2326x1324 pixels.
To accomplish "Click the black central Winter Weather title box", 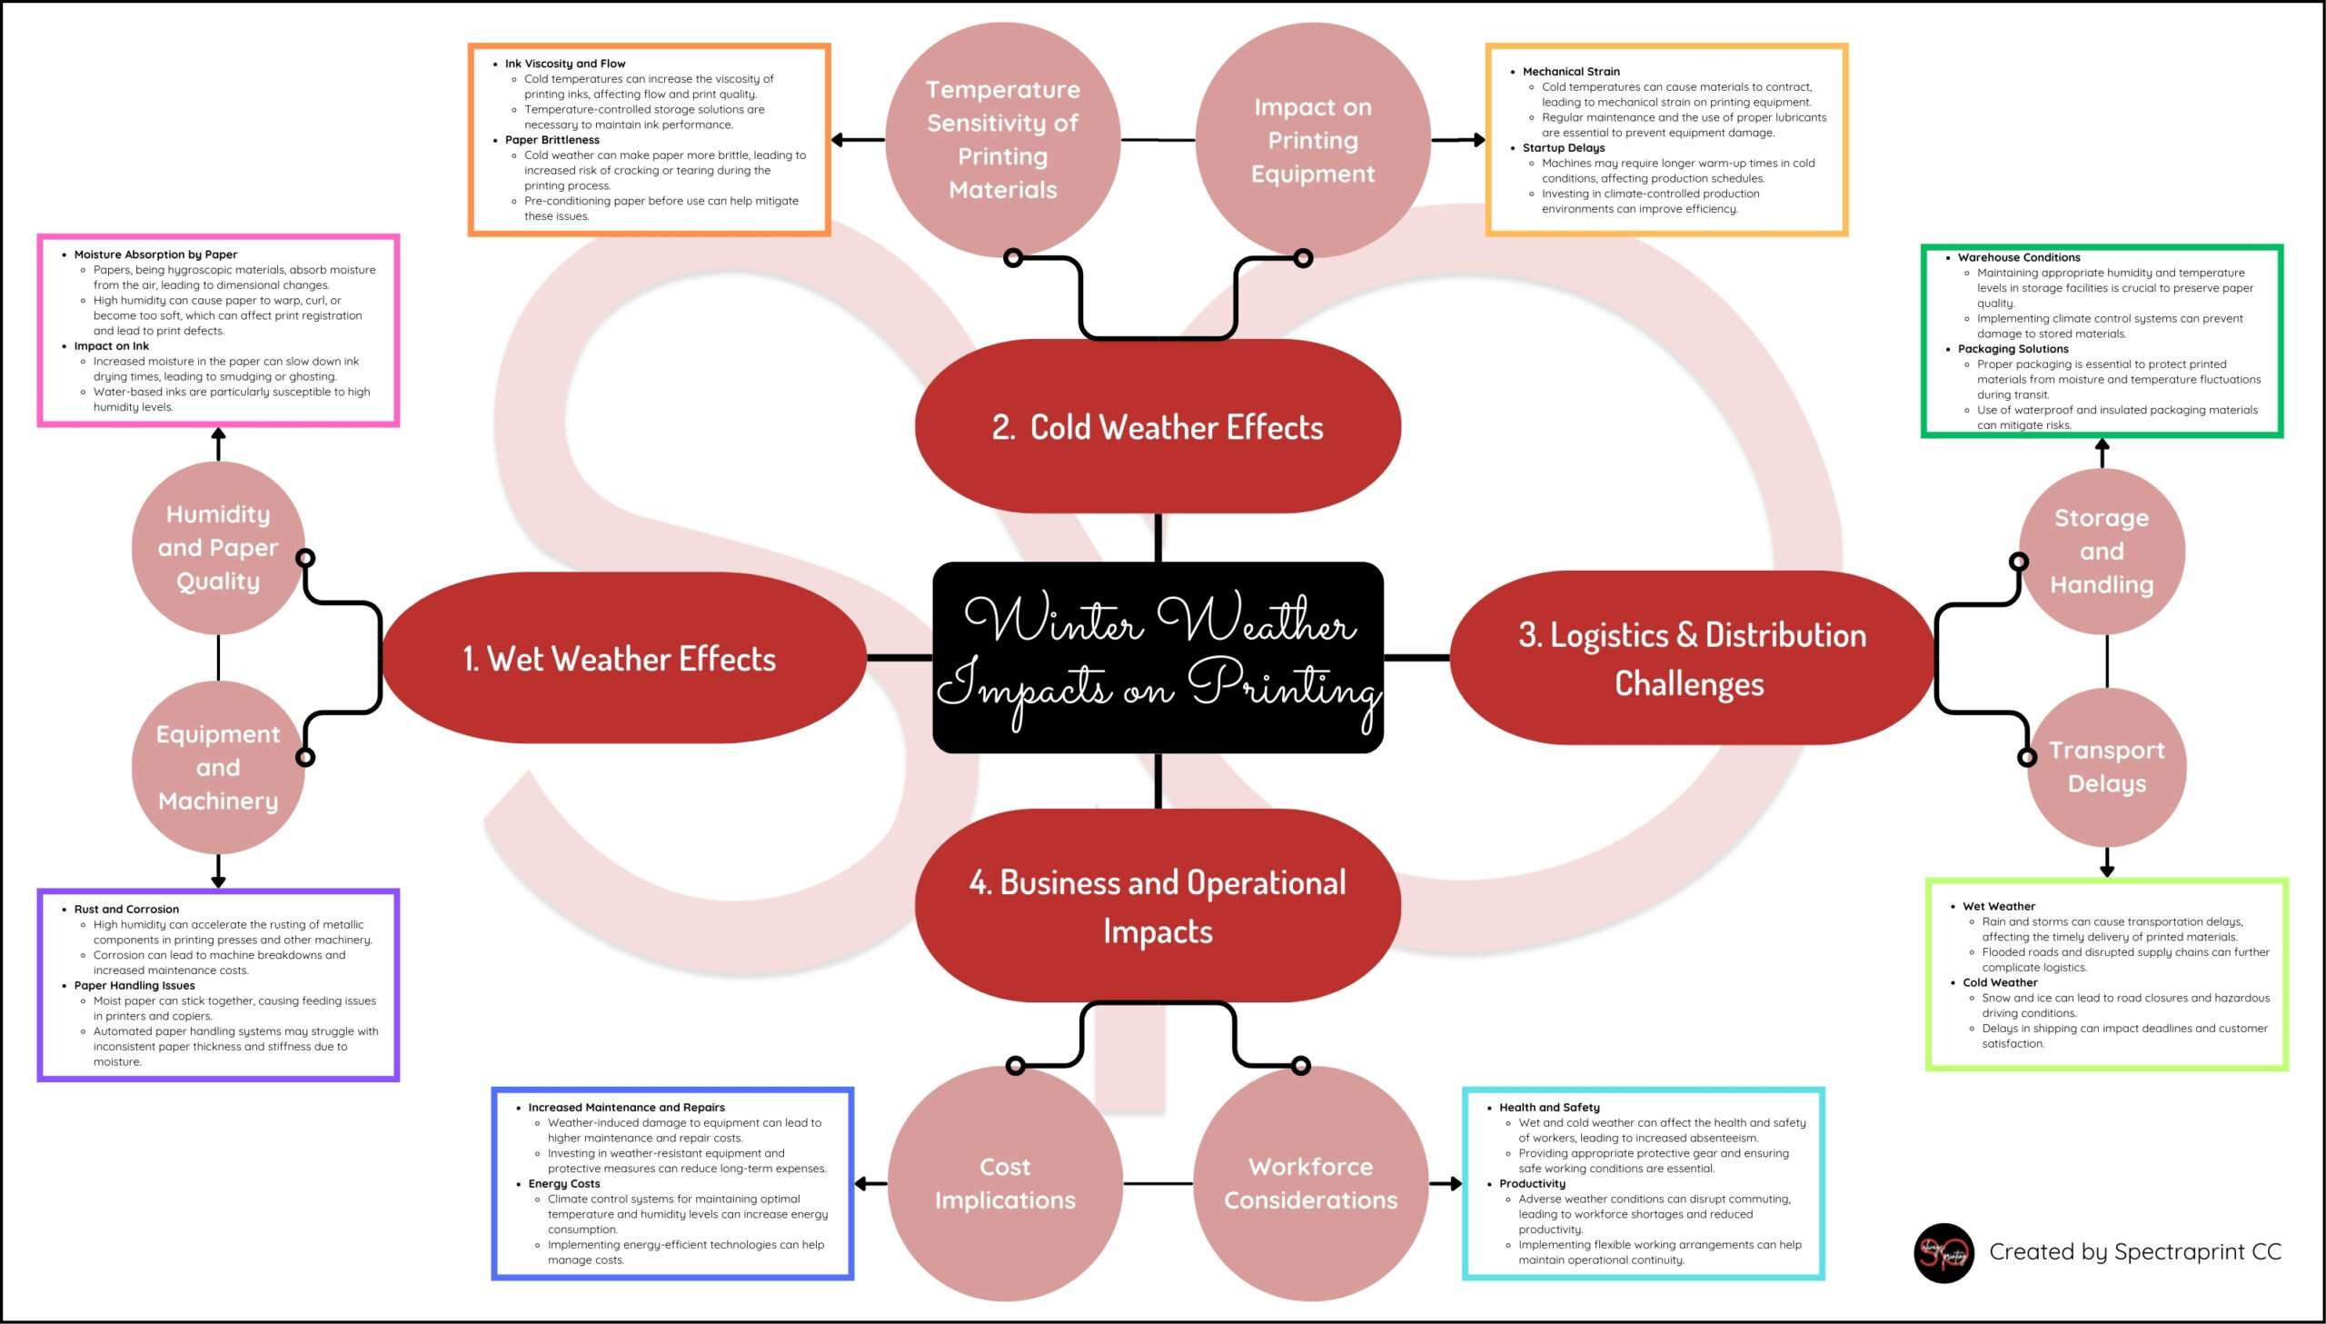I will click(x=1158, y=657).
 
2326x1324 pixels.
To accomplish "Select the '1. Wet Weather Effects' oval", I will click(x=620, y=658).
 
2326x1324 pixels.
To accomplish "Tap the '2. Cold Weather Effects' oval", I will click(x=1157, y=426).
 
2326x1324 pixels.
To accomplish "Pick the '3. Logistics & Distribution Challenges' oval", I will click(x=1691, y=658).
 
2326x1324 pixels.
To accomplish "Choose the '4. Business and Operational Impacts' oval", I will click(x=1157, y=906).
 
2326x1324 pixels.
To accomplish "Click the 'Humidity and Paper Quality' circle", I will click(x=217, y=547).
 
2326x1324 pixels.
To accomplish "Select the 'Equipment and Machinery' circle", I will click(x=217, y=767).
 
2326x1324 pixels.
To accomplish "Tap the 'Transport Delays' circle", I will click(x=2106, y=767).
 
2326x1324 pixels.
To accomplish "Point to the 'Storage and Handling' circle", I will click(x=2102, y=551).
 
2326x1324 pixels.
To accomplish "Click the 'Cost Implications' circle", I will click(x=1004, y=1183).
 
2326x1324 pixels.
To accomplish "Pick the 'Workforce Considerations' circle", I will click(x=1310, y=1183).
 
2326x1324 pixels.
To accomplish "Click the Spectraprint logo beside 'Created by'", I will click(x=1943, y=1253).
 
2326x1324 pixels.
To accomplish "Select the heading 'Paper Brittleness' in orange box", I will click(x=552, y=140).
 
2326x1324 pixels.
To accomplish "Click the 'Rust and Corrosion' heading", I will click(x=126, y=909).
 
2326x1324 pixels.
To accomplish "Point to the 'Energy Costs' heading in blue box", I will click(x=563, y=1183).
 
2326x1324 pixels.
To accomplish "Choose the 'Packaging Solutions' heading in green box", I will click(x=2013, y=348).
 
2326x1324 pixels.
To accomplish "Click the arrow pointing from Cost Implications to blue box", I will click(x=870, y=1183).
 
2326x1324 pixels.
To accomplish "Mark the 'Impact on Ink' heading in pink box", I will click(x=111, y=345).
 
